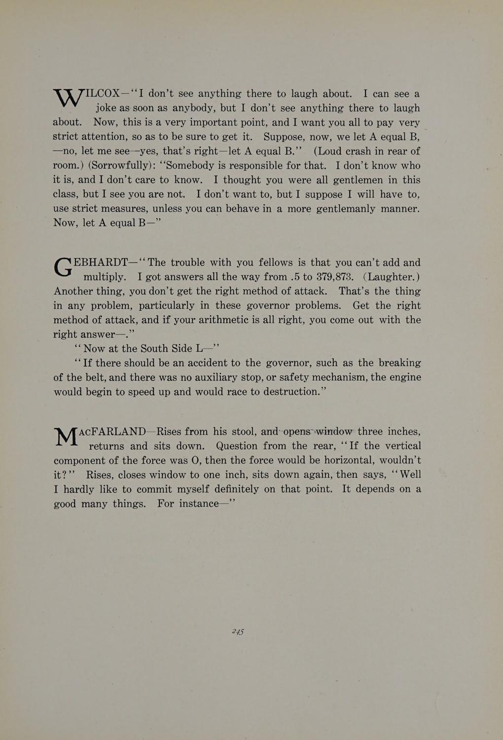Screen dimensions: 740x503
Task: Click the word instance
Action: pyautogui.click(x=196, y=504)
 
